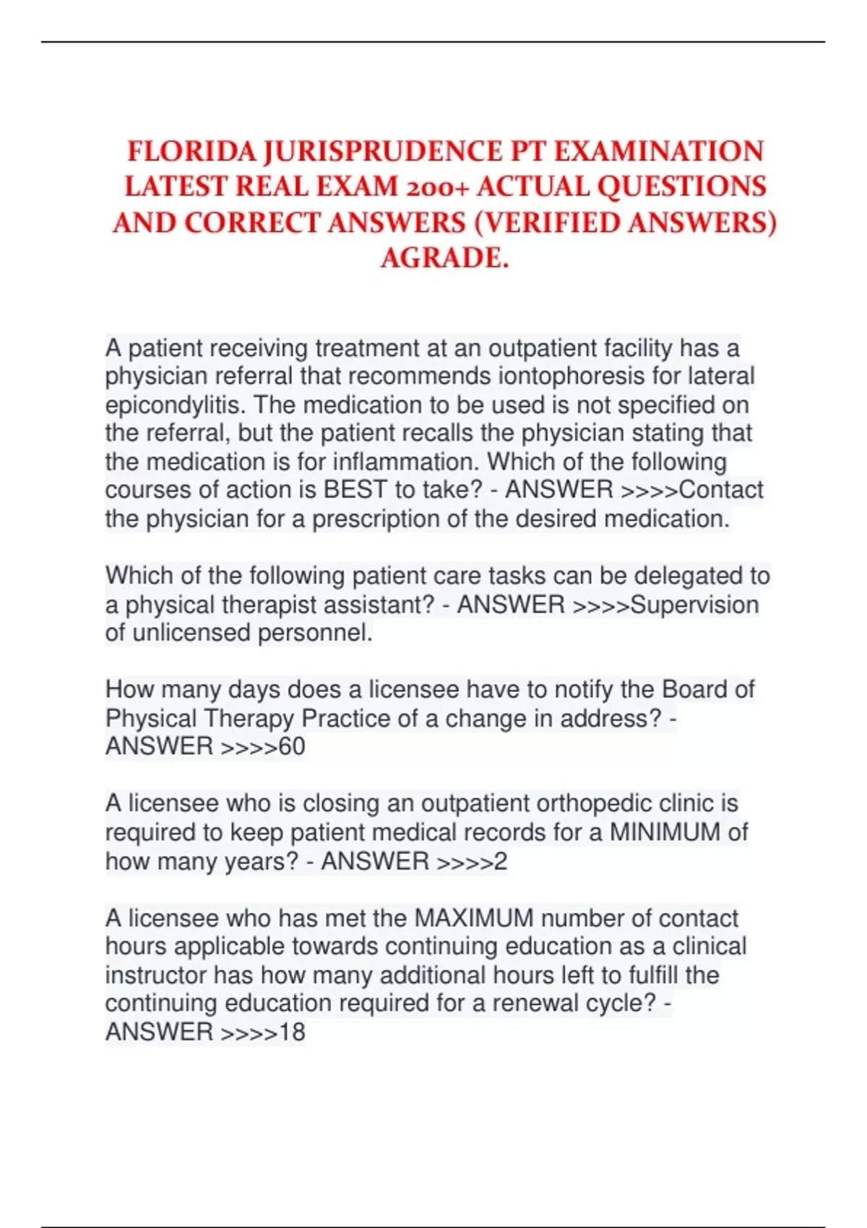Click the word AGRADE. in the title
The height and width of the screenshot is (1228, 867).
tap(444, 258)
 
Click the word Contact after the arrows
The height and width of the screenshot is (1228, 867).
tap(721, 490)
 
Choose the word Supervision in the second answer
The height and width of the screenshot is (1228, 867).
tap(694, 605)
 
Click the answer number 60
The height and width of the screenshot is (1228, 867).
tap(292, 746)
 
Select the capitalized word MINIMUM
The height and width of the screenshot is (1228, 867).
tap(665, 832)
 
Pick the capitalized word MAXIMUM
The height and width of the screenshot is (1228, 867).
tap(474, 918)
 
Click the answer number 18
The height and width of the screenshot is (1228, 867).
tap(292, 1032)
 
